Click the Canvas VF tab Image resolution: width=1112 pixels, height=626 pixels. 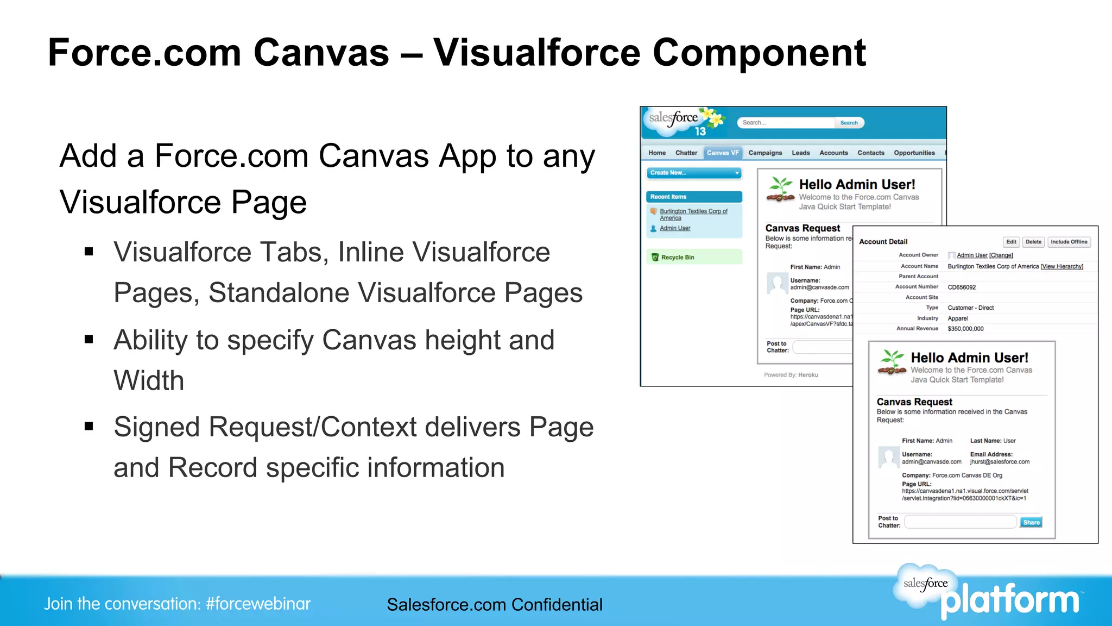coord(722,153)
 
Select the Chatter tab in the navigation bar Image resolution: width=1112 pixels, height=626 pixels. coord(686,153)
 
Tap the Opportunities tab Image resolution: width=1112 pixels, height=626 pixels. coord(914,153)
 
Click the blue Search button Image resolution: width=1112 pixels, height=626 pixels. coord(849,123)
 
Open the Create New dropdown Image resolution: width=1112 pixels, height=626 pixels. coord(694,173)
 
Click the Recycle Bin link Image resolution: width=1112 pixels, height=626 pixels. coord(677,258)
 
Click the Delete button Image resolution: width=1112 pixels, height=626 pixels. coord(1033,242)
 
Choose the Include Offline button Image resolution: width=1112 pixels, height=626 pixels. coord(1069,242)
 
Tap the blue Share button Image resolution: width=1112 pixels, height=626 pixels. coord(1031,522)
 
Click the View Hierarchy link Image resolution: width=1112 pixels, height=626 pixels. coord(1062,266)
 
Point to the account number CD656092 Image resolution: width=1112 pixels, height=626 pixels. coord(962,287)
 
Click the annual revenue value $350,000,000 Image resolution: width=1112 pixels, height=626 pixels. coord(965,329)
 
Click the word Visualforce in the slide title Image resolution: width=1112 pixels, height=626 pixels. coord(536,53)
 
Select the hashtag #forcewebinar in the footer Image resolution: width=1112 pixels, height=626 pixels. coord(258,604)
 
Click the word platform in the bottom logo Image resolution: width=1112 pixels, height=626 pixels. coord(1010,601)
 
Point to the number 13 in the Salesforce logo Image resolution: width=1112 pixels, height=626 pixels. coord(700,132)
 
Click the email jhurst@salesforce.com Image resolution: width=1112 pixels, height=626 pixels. coord(1000,462)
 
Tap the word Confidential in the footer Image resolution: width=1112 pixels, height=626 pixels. coord(557,605)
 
